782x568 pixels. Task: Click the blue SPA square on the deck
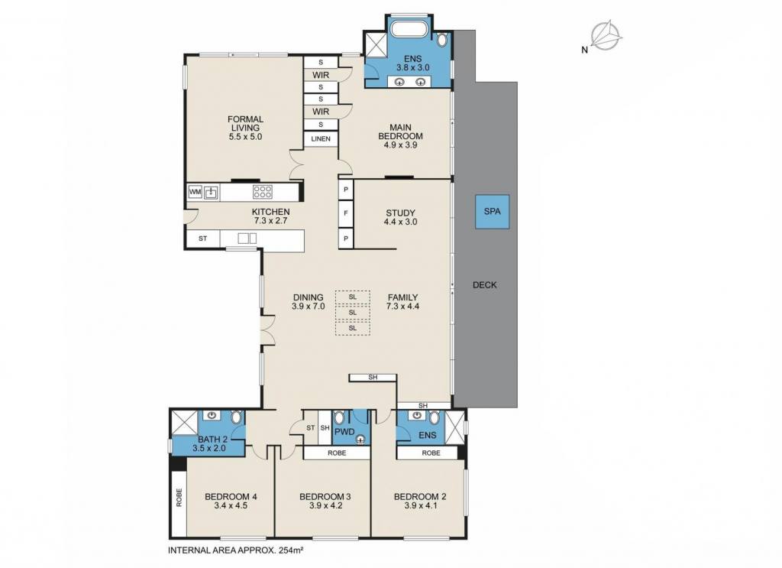pos(492,212)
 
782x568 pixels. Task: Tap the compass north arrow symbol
pos(606,36)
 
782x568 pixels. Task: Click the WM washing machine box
pos(195,192)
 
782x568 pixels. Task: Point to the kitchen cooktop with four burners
pos(263,192)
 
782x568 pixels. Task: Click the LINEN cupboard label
pos(321,139)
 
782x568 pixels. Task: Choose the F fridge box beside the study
pos(346,213)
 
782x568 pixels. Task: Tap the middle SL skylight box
pos(353,313)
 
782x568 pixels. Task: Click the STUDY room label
pos(400,213)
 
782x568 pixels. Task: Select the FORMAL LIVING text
pos(245,123)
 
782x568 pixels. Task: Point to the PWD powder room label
pos(344,432)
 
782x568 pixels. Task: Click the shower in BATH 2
pos(185,424)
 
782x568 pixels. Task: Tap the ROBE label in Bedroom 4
pos(179,498)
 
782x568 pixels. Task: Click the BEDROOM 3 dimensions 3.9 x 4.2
pos(325,505)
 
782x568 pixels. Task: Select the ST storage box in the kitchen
pos(202,239)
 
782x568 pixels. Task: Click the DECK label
pos(485,285)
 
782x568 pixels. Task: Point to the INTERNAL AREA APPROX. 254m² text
pos(237,550)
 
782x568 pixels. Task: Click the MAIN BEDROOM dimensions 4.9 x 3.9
pos(400,145)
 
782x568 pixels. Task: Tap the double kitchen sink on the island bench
pos(247,238)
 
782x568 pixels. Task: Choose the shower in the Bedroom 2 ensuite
pos(454,427)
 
